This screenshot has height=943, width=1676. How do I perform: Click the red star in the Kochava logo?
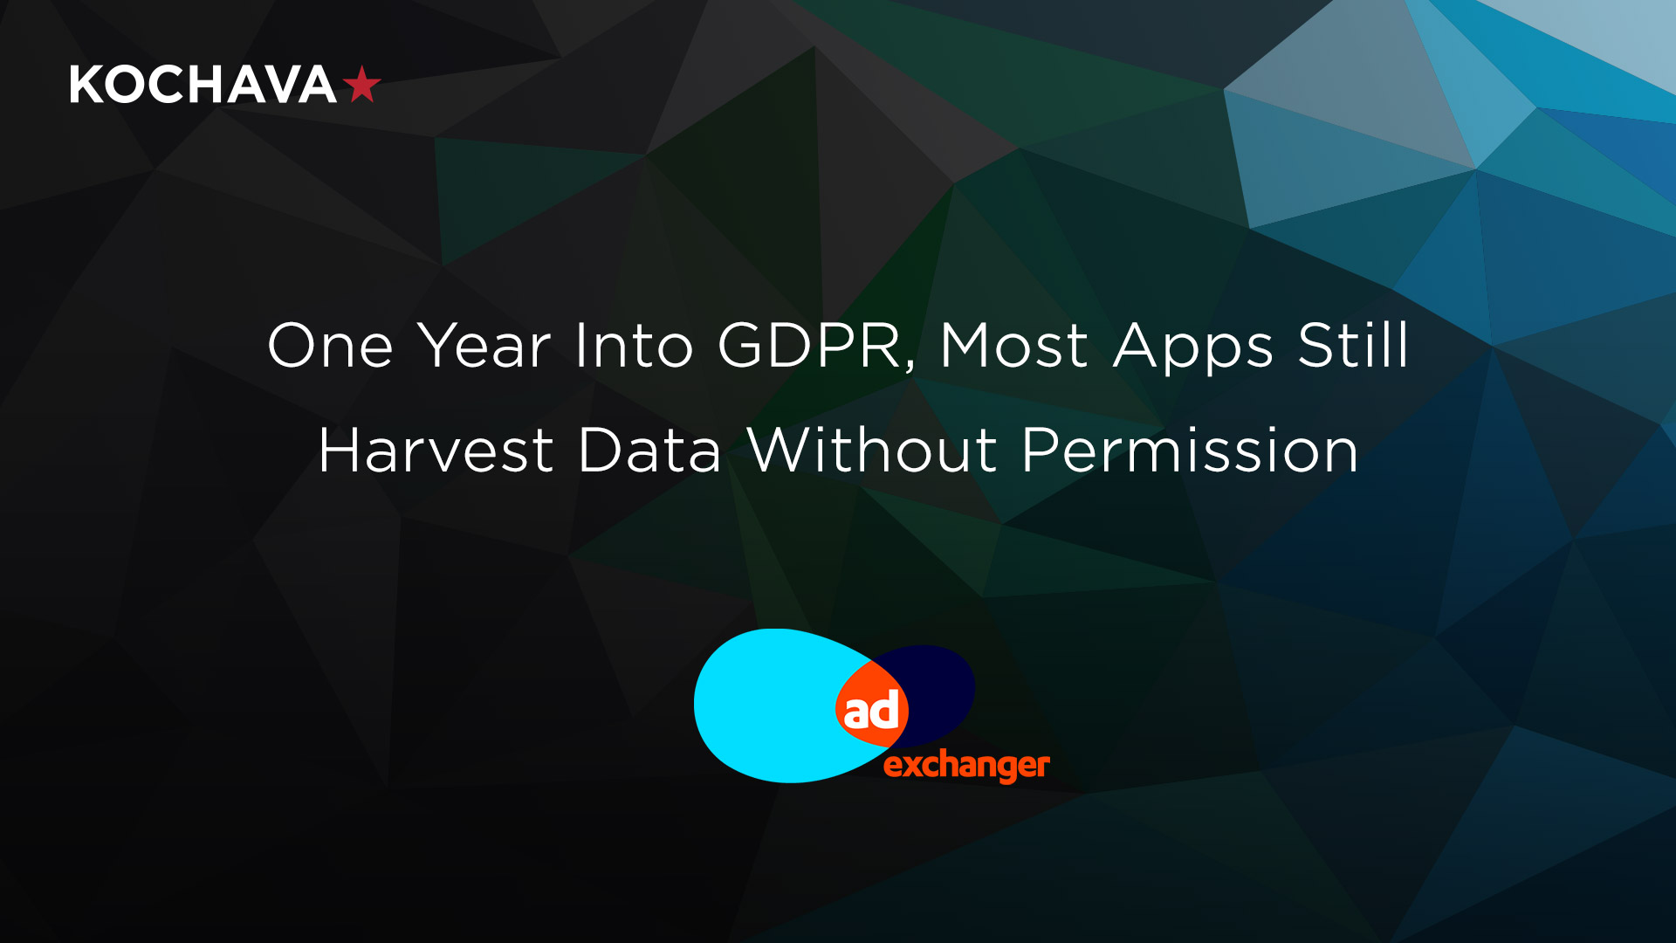click(361, 85)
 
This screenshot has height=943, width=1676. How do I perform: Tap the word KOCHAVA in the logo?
click(203, 85)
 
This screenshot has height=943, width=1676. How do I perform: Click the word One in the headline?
click(330, 346)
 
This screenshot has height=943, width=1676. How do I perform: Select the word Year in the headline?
click(484, 346)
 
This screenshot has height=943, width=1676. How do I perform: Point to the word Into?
click(634, 346)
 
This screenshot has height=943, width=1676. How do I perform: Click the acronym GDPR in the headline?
click(810, 346)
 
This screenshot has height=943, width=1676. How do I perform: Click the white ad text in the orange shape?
click(871, 710)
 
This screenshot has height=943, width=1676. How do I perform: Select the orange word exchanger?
click(966, 766)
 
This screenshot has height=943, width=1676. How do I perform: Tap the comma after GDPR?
click(911, 366)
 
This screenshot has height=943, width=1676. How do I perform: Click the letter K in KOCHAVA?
click(86, 85)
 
